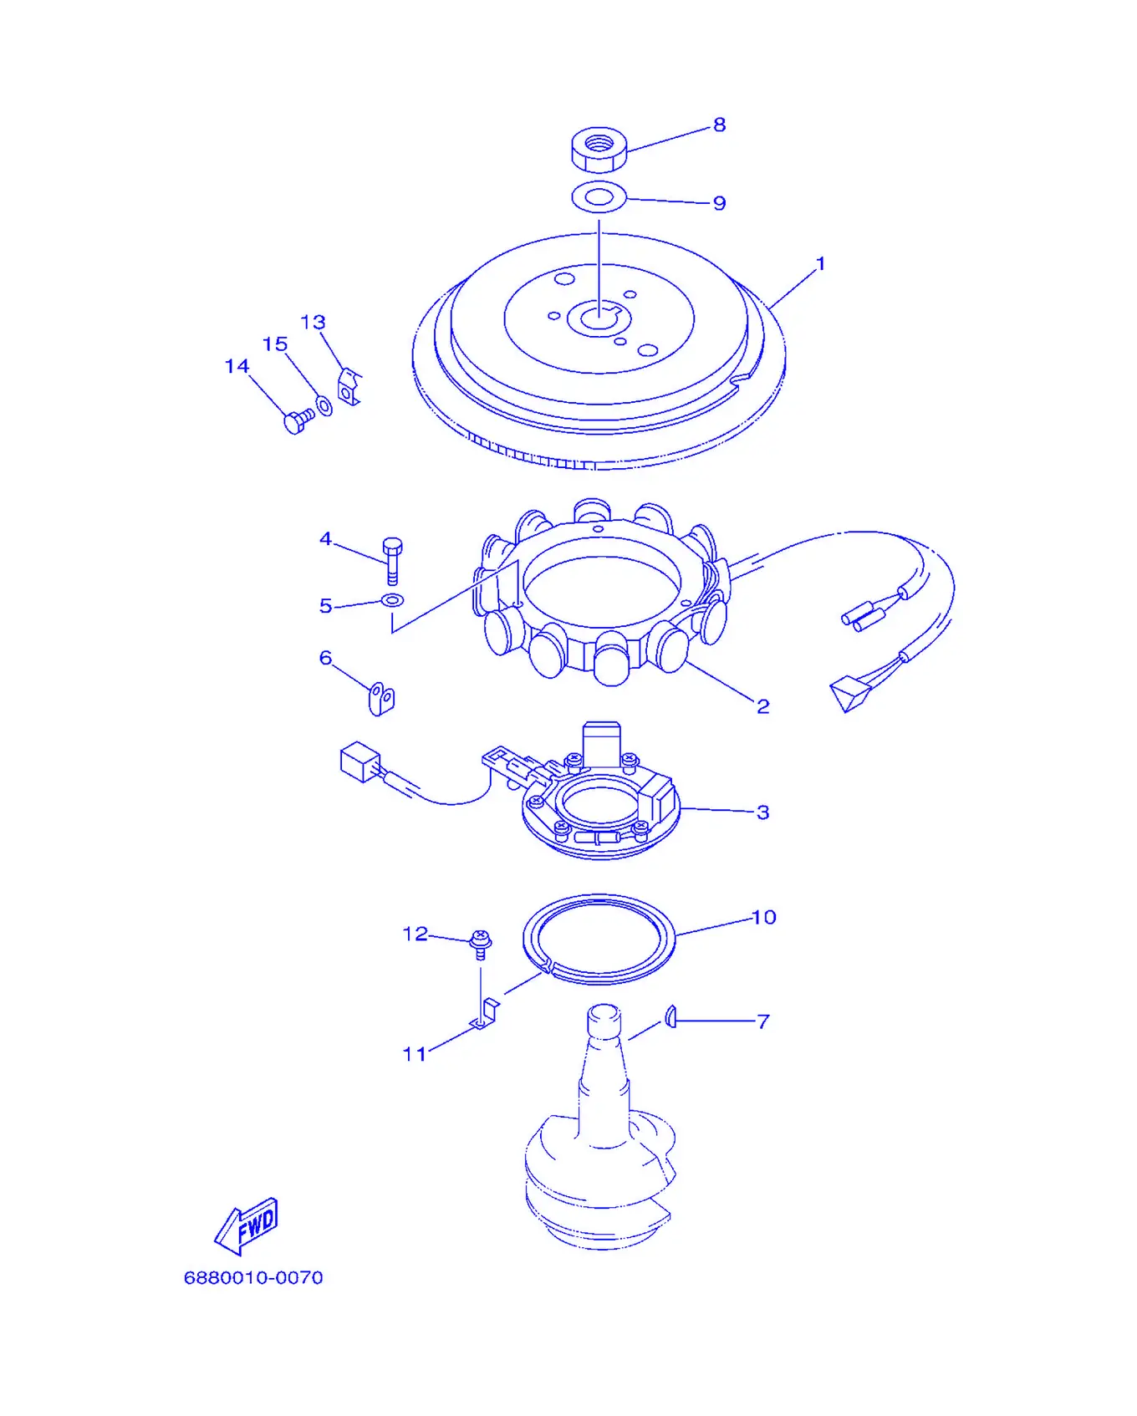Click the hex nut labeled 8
(599, 149)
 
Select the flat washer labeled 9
(599, 197)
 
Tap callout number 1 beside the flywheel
(820, 264)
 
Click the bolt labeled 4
(392, 560)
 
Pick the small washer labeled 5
(392, 599)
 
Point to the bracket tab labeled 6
(381, 698)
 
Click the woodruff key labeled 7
(670, 1017)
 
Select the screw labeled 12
(480, 945)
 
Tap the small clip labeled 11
(486, 1013)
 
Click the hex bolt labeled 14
(298, 420)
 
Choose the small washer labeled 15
(324, 407)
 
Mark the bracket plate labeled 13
(349, 387)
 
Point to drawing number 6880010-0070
(253, 1277)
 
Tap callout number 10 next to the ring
(764, 918)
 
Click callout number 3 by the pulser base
(762, 812)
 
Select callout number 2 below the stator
(762, 707)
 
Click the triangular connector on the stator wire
(849, 694)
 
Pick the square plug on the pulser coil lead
(360, 761)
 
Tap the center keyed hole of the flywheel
(599, 318)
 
